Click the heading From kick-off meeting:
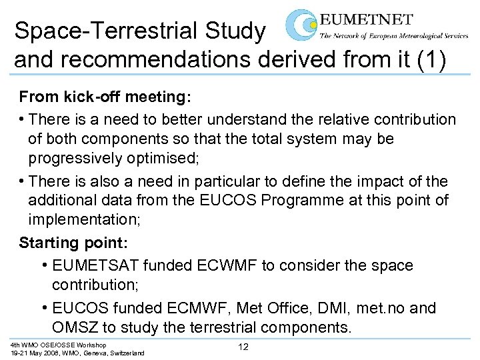point(105,98)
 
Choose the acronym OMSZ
point(74,328)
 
